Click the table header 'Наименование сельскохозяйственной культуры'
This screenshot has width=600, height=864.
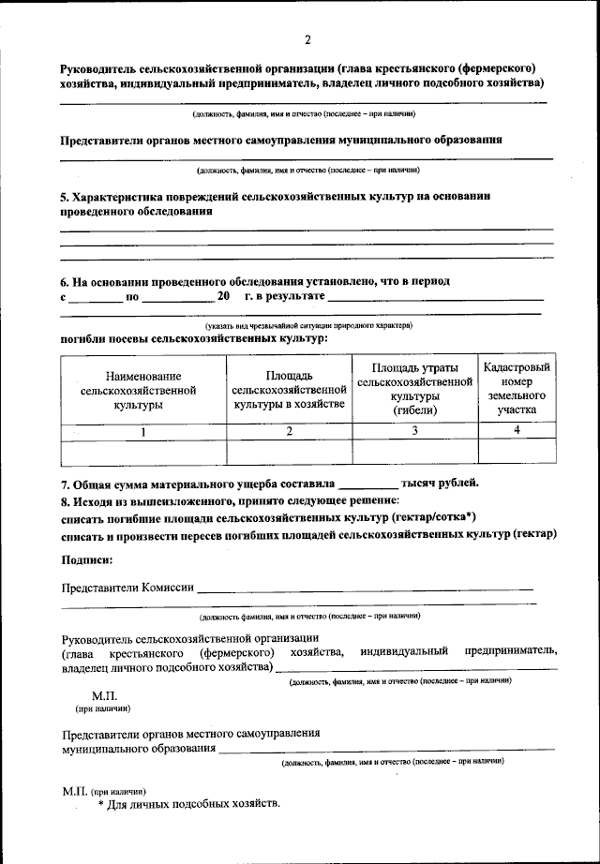click(x=139, y=390)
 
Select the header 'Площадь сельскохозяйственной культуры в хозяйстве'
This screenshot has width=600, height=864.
click(x=289, y=389)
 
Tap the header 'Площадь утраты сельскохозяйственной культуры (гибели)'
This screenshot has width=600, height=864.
click(x=413, y=388)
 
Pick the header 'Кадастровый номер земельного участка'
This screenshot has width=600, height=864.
click(x=517, y=388)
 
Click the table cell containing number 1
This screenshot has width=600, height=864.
click(x=143, y=431)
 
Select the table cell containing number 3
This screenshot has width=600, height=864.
click(x=414, y=430)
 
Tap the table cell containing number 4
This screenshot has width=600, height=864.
click(x=517, y=430)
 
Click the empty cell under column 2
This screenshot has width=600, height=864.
click(x=289, y=453)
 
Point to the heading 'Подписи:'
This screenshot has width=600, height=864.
click(x=87, y=560)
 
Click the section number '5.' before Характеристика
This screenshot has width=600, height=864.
click(x=66, y=197)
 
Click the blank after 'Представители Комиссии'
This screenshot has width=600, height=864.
click(x=366, y=588)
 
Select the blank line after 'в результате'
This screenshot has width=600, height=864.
click(x=436, y=297)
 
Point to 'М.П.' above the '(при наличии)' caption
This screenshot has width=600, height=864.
click(x=104, y=697)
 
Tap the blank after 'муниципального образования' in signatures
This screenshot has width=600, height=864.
click(x=384, y=750)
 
